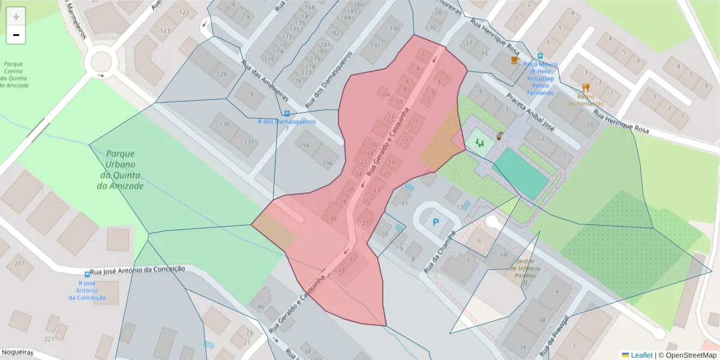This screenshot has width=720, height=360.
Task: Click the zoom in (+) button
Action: tap(16, 16)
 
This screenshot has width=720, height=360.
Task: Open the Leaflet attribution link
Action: tap(641, 355)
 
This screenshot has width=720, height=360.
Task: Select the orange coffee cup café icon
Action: tap(514, 60)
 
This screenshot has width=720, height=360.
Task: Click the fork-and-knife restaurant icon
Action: tap(586, 87)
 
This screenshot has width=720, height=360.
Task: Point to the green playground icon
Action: tap(479, 143)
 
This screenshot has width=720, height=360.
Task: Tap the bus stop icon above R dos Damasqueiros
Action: tap(286, 113)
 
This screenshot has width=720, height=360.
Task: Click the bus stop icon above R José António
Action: tap(88, 275)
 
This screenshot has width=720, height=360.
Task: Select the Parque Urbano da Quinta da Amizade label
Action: tap(120, 170)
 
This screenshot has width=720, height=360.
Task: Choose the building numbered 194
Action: tap(305, 145)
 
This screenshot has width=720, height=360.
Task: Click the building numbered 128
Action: tap(222, 74)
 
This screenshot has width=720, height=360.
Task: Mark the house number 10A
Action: tap(384, 94)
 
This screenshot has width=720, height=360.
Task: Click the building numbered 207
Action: tap(19, 263)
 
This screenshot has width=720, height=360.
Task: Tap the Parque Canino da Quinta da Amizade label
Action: tap(14, 74)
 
